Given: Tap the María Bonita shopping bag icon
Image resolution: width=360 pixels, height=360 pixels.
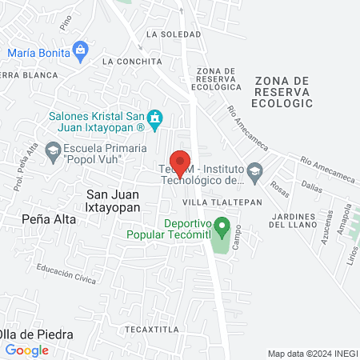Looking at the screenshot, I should point(79,50).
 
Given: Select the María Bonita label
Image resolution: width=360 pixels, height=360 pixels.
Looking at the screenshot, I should point(37,53).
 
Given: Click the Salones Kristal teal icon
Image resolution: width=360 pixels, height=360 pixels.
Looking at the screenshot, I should point(156,121).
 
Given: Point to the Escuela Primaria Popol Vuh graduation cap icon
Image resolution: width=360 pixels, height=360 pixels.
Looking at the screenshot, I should point(53,150).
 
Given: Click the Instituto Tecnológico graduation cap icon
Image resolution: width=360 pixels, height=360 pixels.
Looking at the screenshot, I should point(254,170).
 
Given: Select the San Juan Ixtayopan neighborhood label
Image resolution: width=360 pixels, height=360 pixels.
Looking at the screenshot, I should point(113,200).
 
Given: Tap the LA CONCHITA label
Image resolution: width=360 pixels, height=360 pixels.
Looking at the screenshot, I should point(131,61).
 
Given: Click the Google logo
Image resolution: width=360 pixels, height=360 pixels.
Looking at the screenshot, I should point(27,350).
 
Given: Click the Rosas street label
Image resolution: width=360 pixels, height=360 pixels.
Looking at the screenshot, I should point(280,190).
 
